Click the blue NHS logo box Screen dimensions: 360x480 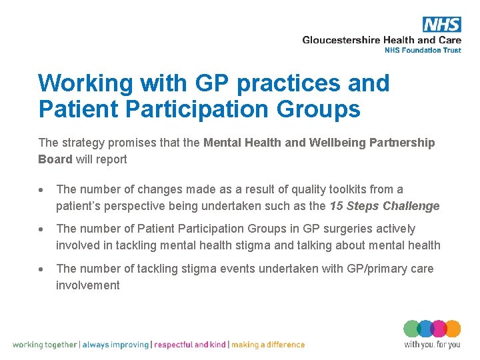pos(441,25)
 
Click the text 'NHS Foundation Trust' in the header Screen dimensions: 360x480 pos(423,50)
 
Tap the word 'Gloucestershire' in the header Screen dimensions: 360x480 pos(341,40)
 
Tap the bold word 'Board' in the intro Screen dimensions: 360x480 pos(55,159)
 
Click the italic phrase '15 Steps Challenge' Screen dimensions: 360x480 pos(385,206)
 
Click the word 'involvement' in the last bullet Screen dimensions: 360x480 pos(88,285)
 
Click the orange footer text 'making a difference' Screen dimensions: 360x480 pos(268,345)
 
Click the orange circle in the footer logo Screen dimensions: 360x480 pos(453,329)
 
